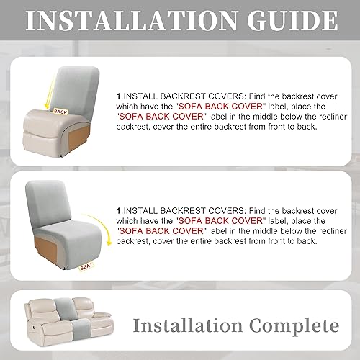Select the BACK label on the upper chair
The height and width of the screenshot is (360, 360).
[x=60, y=112]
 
